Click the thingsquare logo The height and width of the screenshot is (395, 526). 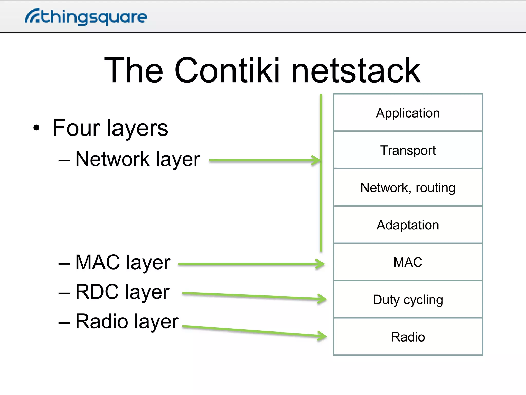86,17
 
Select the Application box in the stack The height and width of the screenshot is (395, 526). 408,113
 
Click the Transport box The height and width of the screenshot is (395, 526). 408,150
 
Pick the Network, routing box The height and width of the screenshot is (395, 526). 408,187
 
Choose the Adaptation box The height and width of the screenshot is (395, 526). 408,225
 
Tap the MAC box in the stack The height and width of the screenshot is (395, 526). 408,262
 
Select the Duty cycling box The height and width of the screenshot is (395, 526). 408,300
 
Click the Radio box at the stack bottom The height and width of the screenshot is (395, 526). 408,337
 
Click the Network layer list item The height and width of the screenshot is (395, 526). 137,159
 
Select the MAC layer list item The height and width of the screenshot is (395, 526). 123,262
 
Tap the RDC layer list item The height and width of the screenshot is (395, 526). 122,292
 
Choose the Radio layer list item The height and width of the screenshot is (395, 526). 127,321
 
